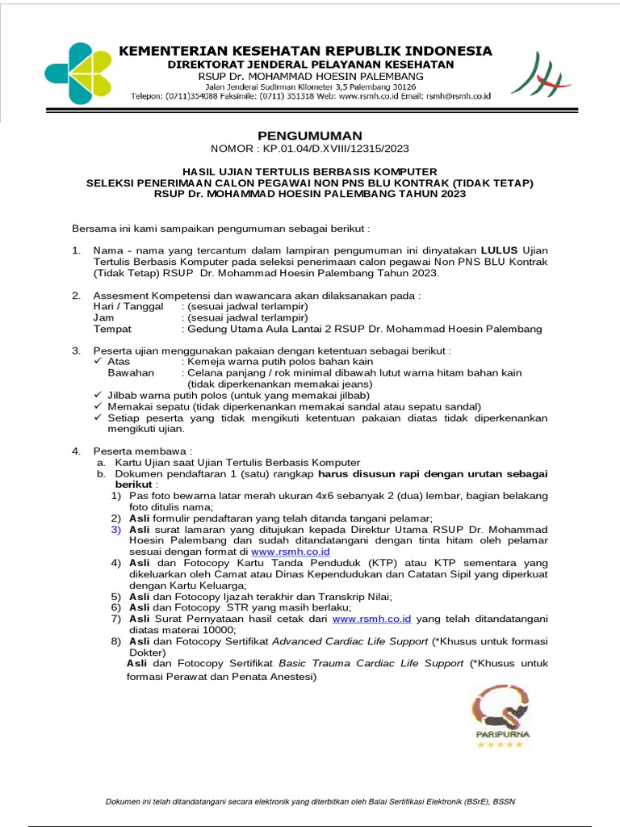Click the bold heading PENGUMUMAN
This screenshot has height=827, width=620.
310,135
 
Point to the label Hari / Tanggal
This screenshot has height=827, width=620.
128,307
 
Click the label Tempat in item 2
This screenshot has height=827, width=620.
112,330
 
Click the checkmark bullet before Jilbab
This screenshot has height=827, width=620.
98,396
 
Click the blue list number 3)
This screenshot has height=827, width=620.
116,529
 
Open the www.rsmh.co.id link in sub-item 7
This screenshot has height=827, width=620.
372,618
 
